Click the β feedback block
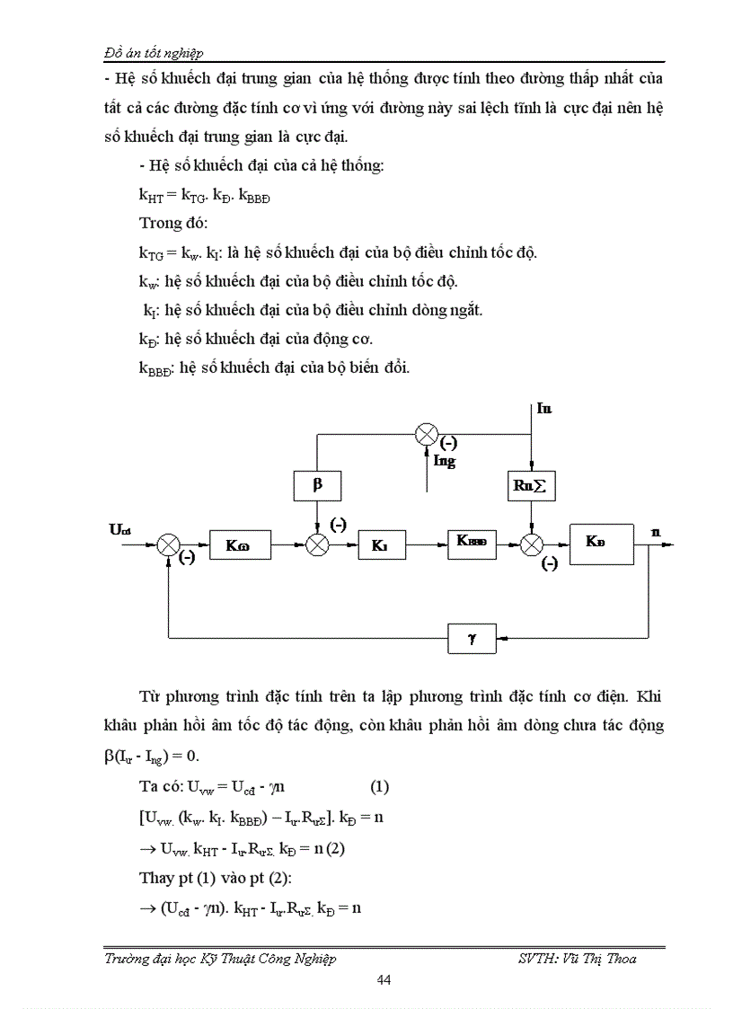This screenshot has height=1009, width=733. click(316, 486)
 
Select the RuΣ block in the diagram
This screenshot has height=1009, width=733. click(532, 487)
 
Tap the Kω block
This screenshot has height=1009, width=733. click(239, 544)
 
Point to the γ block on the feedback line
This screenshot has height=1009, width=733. click(472, 639)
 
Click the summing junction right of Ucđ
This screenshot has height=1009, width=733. click(169, 544)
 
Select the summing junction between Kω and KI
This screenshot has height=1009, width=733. click(316, 544)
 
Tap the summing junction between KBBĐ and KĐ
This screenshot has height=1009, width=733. click(532, 544)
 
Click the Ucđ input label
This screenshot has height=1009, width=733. click(120, 530)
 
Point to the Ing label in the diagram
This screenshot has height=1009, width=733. click(445, 462)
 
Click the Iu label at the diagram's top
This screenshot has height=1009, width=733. click(544, 409)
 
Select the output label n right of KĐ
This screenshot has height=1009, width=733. click(657, 531)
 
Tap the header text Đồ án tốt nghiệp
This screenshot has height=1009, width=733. click(160, 53)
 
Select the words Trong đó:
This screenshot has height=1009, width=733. click(173, 222)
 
